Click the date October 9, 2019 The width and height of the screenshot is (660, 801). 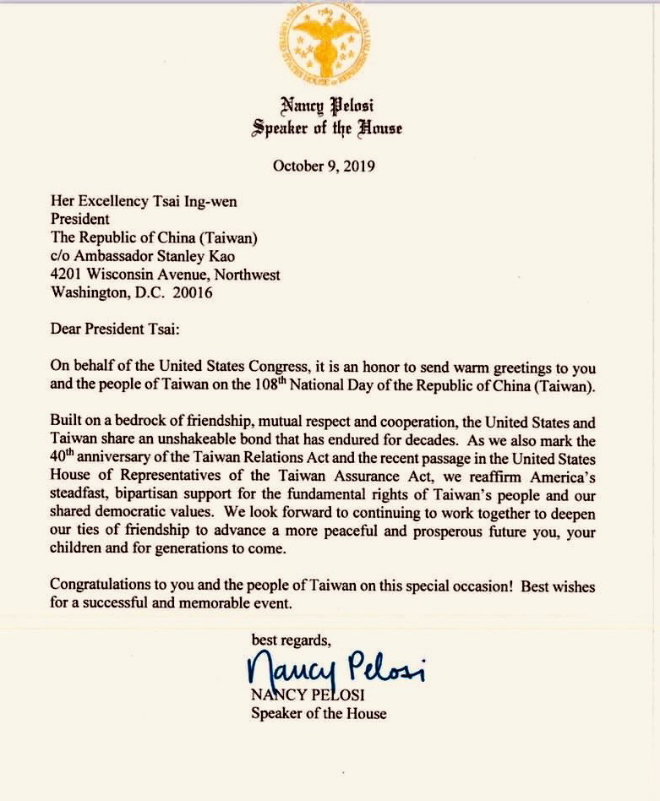coord(324,166)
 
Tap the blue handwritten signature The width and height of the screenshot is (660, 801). coord(335,671)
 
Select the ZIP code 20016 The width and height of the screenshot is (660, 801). coord(194,293)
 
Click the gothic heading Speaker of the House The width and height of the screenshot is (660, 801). coord(326,128)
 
